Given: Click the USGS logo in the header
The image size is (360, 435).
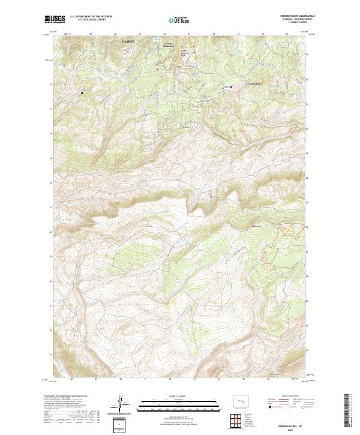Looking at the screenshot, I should coord(55,19).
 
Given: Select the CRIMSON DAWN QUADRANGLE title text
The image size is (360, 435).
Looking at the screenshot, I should coord(295,16).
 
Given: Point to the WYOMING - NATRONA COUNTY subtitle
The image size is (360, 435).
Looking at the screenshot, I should coord(295,20).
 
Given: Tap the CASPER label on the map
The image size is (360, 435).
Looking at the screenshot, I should coord(128,41).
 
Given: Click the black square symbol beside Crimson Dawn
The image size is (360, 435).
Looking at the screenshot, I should coord(232,88).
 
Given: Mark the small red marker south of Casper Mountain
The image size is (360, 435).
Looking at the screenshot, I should coord(157,69).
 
